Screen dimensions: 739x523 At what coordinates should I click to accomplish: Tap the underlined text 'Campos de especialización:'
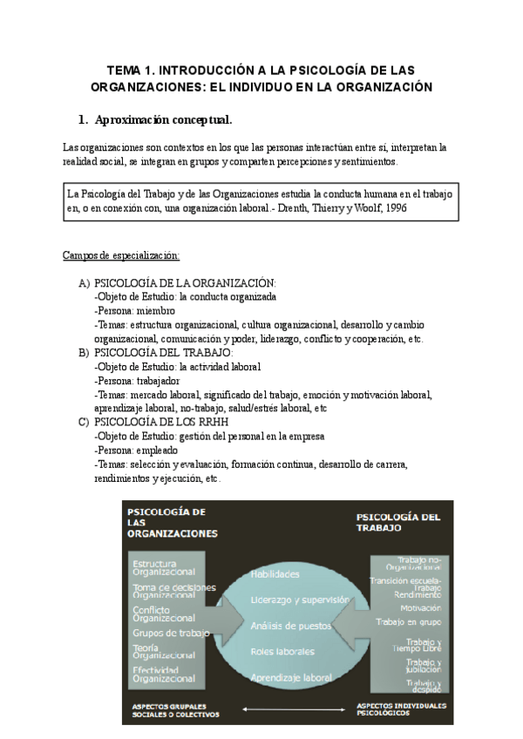[121, 255]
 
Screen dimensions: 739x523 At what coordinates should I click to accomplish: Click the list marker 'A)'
[84, 283]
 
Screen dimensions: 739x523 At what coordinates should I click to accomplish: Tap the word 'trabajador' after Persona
[160, 381]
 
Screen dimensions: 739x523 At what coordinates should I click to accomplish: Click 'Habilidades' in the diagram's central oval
[275, 574]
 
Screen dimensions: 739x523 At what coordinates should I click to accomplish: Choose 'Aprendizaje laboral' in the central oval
[291, 677]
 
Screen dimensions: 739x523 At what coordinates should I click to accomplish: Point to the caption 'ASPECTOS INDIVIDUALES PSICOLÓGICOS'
[402, 708]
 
